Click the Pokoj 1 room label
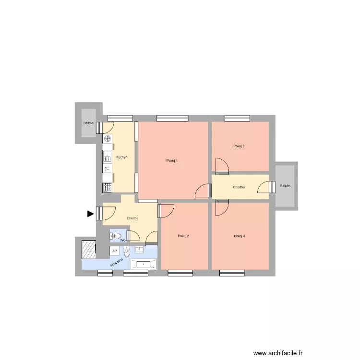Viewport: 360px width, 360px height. tap(173, 160)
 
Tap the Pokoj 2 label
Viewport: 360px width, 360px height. tap(183, 236)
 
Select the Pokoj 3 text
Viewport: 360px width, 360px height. tap(239, 146)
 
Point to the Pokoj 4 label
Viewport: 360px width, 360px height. tap(239, 236)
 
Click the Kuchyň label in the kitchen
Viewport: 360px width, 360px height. tap(121, 157)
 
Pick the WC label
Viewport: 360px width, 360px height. tap(123, 240)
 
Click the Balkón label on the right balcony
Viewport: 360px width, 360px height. tap(286, 186)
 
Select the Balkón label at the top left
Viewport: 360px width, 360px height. tap(88, 123)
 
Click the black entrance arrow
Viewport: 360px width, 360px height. tap(90, 214)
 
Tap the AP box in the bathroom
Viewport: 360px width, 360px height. tap(114, 251)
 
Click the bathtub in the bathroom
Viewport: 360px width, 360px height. tap(144, 264)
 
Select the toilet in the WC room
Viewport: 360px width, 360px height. tap(116, 236)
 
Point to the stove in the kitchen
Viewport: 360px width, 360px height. tap(107, 187)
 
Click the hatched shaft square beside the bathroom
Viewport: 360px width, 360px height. tap(89, 249)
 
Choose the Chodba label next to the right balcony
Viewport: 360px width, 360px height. tap(239, 187)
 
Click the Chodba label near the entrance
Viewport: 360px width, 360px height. tap(133, 218)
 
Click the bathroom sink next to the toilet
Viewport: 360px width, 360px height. tap(140, 250)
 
